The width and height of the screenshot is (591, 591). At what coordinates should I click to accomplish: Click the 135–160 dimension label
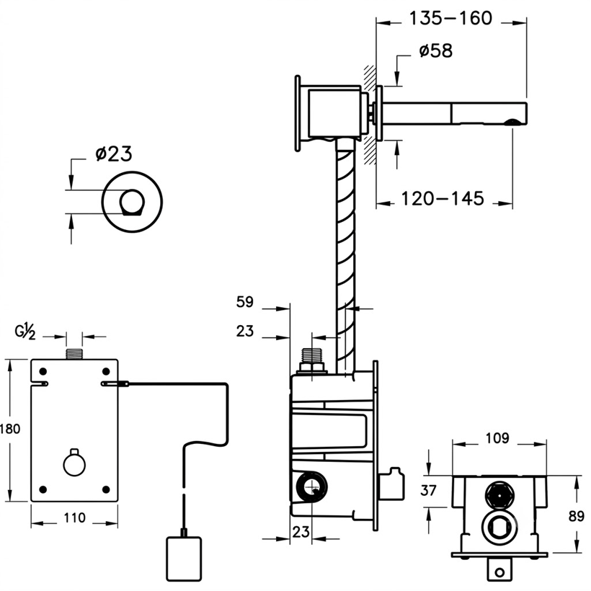coord(450,18)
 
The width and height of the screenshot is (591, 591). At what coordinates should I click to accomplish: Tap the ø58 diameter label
coord(436,51)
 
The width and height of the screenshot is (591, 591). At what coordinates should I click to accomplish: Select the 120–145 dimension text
coord(442,199)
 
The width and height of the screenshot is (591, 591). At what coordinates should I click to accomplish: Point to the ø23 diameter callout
coord(114,154)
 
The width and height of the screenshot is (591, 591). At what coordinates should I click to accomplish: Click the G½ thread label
coord(25,332)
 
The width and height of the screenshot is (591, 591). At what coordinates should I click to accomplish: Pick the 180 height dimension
coord(10,429)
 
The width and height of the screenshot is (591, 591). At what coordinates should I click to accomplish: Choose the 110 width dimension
coord(74,517)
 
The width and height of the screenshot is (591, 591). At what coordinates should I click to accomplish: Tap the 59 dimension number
coord(245,302)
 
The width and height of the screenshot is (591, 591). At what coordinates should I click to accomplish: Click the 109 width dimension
coord(497,438)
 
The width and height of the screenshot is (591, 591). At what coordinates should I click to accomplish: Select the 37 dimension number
coord(428,490)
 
